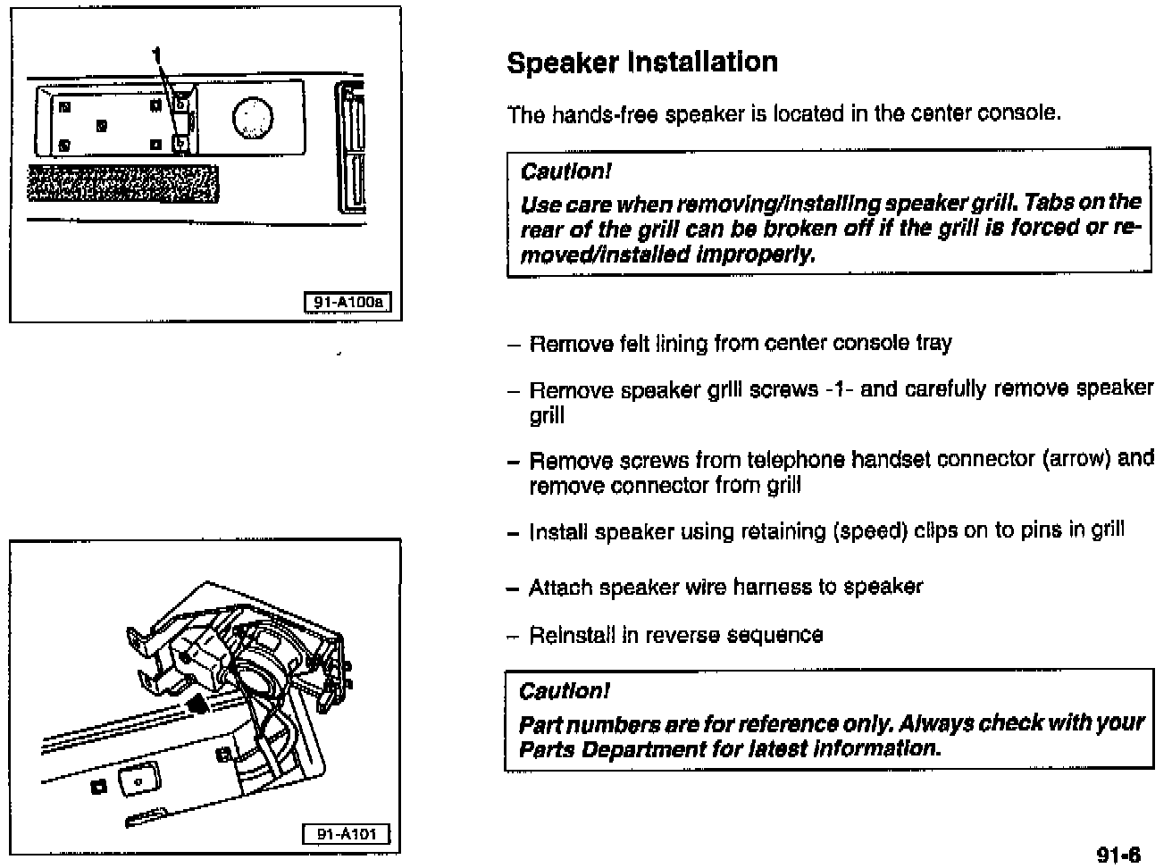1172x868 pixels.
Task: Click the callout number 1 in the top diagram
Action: click(157, 55)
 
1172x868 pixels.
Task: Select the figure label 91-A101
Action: click(347, 834)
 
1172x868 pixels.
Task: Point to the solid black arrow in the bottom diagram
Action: click(198, 705)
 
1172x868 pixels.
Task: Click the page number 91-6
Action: click(1118, 855)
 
